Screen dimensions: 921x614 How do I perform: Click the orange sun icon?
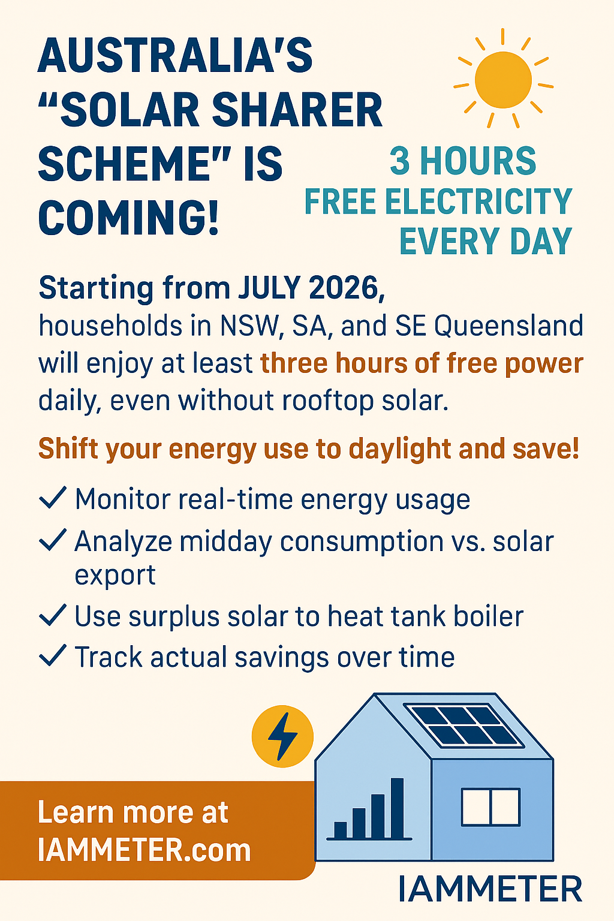pos(502,80)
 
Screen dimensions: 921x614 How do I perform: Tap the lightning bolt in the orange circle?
pos(282,736)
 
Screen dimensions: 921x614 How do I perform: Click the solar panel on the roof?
pos(463,726)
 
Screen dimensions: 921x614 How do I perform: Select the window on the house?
pos(490,807)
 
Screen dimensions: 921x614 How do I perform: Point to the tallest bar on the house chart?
pos(396,808)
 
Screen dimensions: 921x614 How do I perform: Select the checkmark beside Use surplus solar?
pos(52,615)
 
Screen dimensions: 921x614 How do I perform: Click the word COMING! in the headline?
pos(129,218)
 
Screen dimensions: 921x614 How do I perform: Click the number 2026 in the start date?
pos(346,288)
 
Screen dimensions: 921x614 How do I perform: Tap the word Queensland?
pos(508,326)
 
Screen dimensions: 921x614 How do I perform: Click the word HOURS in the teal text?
pos(477,161)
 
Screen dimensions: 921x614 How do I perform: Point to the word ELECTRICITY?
pos(478,201)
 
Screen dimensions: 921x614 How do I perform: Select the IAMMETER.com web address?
pos(144,850)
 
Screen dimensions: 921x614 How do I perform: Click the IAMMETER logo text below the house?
pos(490,889)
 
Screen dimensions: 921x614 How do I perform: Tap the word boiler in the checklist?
pos(487,616)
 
